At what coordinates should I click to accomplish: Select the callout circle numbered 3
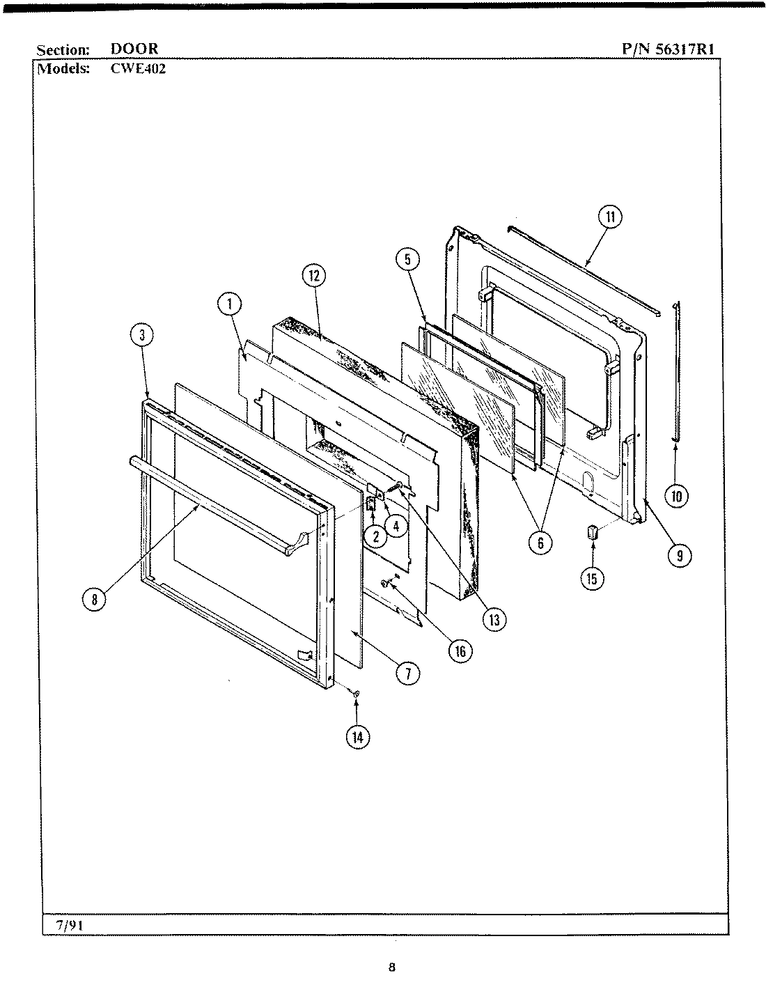click(142, 335)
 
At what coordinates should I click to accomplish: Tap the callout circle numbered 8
click(94, 598)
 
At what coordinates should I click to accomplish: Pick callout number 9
click(679, 554)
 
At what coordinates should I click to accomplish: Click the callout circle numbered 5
click(407, 260)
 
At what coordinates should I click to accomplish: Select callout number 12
click(313, 276)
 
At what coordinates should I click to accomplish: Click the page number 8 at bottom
click(392, 967)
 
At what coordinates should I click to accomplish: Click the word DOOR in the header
click(134, 49)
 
